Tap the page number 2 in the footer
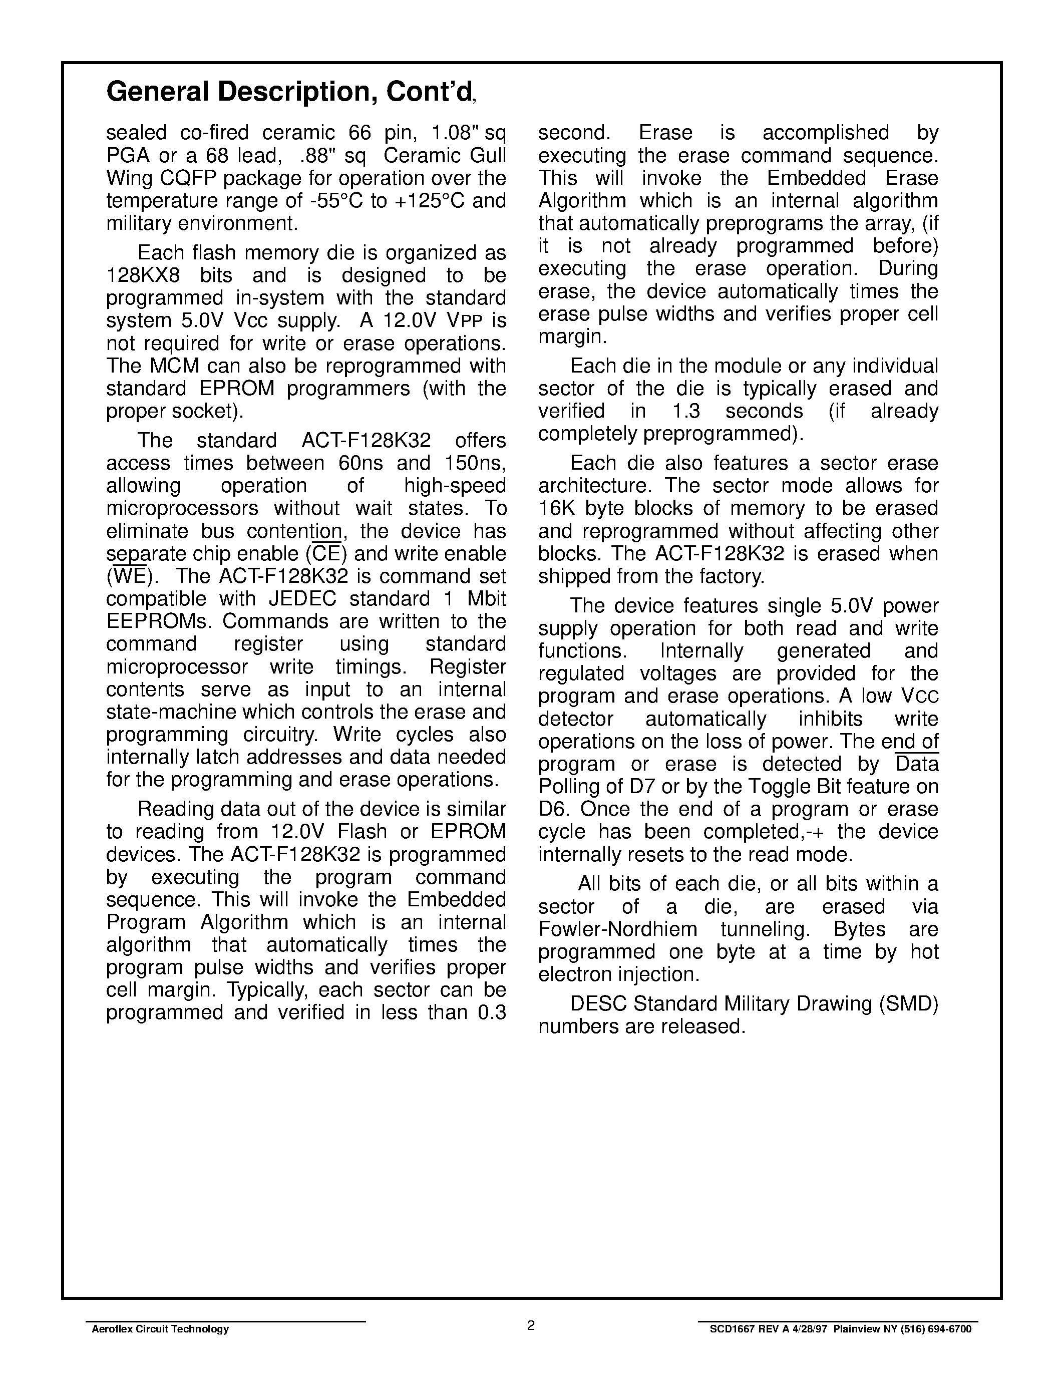[531, 1325]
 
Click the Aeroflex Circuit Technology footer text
[160, 1329]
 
